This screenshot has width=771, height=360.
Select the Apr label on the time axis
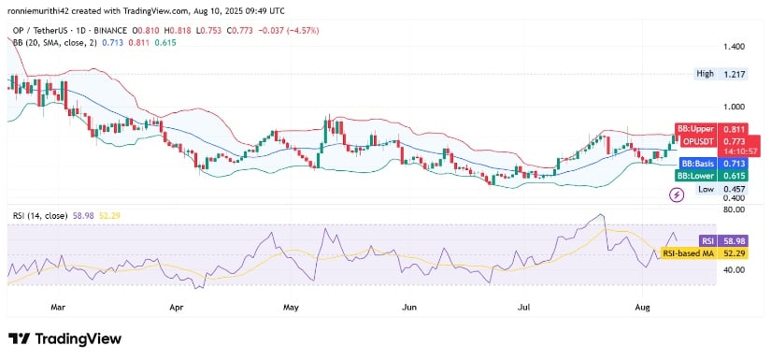pos(176,305)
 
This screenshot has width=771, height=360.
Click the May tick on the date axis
pos(291,305)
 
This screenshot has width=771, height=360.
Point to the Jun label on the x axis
pos(407,305)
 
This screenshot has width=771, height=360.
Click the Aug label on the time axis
pos(640,305)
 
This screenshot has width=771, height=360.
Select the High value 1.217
pos(735,73)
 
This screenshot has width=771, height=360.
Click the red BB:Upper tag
pos(694,128)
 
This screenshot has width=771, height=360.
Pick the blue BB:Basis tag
pos(694,163)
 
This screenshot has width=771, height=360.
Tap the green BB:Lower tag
pos(694,175)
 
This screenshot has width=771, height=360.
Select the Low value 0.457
pos(735,189)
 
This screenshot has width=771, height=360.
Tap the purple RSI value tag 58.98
pos(734,240)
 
